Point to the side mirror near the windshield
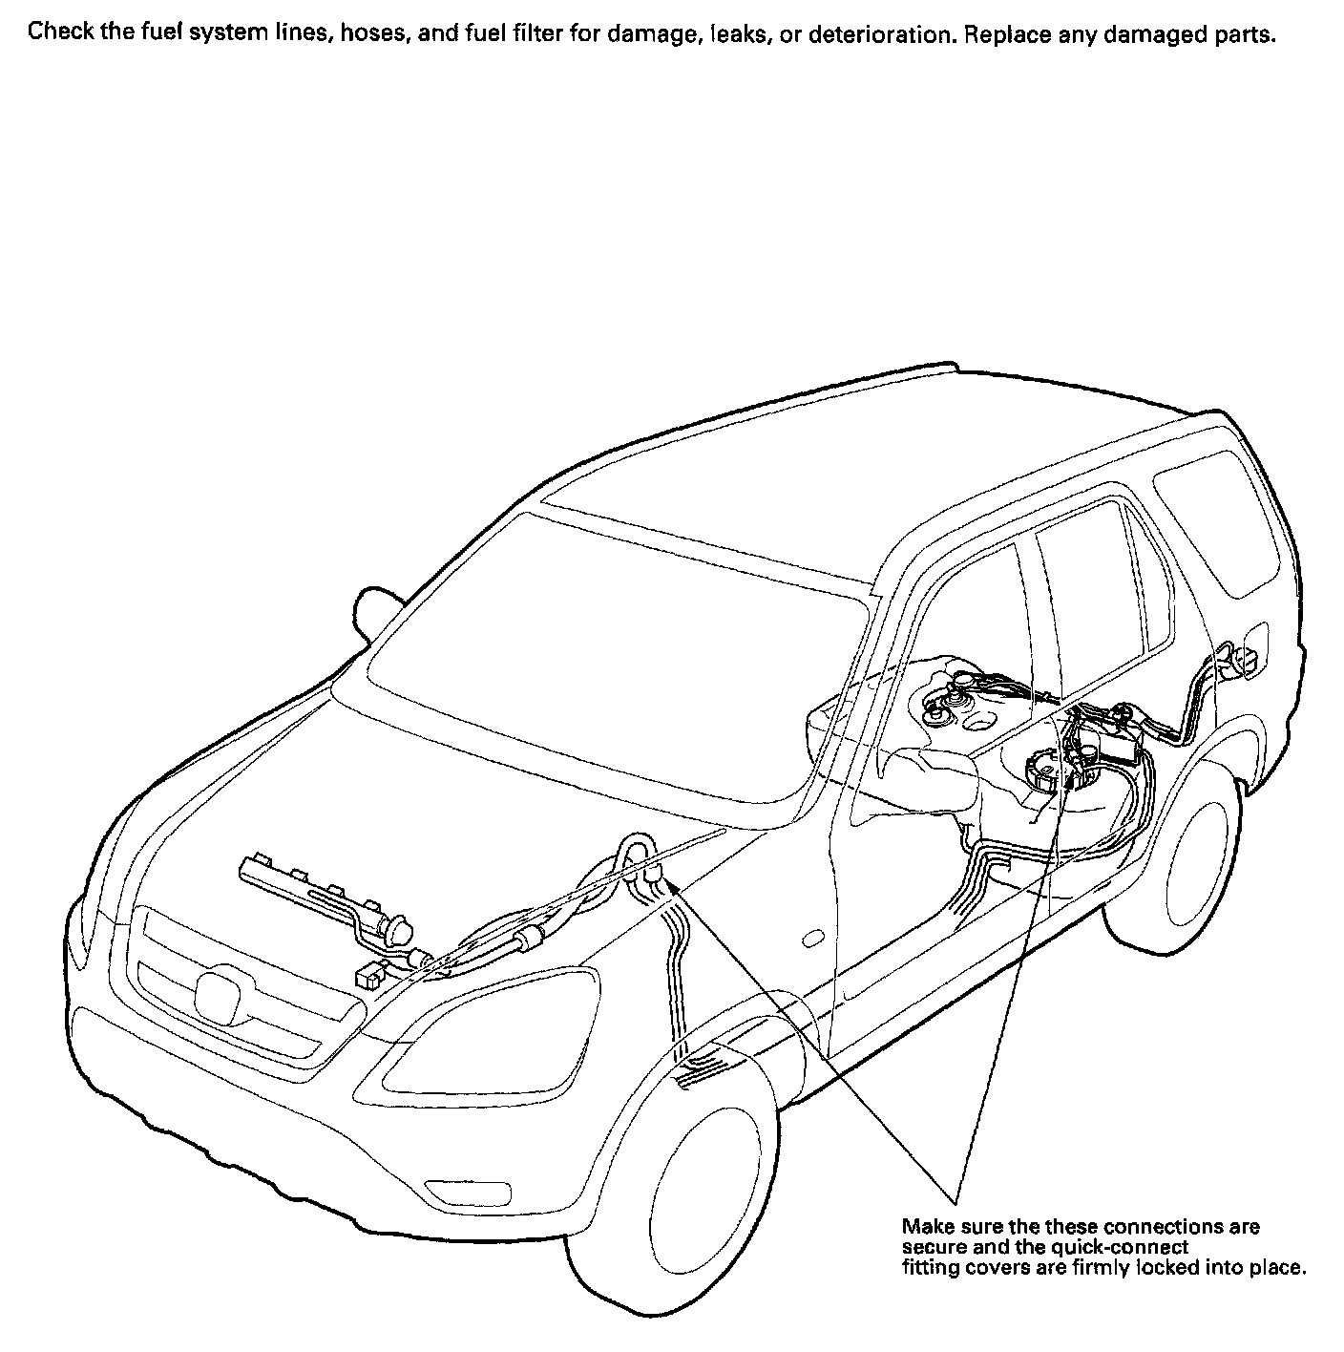375,607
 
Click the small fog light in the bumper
454,1193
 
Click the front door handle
812,939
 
